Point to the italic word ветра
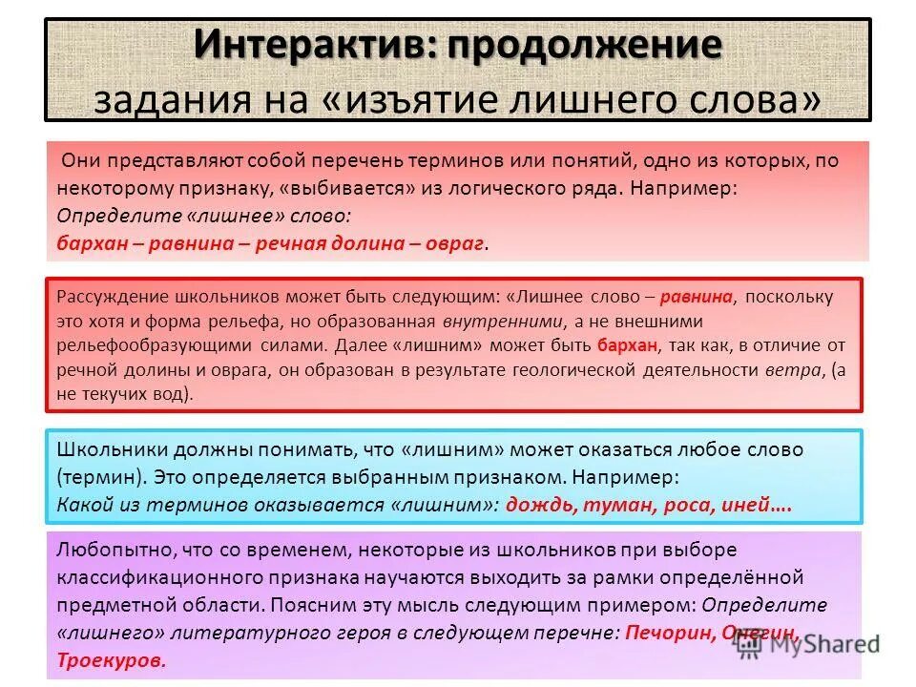pos(793,369)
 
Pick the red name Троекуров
pos(112,660)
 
